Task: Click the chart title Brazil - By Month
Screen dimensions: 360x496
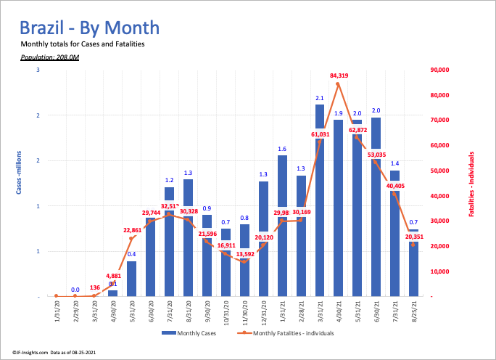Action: click(x=89, y=28)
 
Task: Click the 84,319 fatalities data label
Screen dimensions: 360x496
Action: click(x=338, y=75)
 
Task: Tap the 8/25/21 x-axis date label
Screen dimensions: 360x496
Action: click(x=413, y=314)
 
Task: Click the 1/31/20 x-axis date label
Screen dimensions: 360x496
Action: click(x=56, y=314)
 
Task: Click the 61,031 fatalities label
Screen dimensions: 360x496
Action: click(x=320, y=134)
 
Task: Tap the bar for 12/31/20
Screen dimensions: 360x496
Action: click(x=263, y=239)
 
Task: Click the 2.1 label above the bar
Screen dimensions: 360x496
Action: click(x=319, y=97)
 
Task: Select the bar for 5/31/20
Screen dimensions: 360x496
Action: click(x=131, y=279)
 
